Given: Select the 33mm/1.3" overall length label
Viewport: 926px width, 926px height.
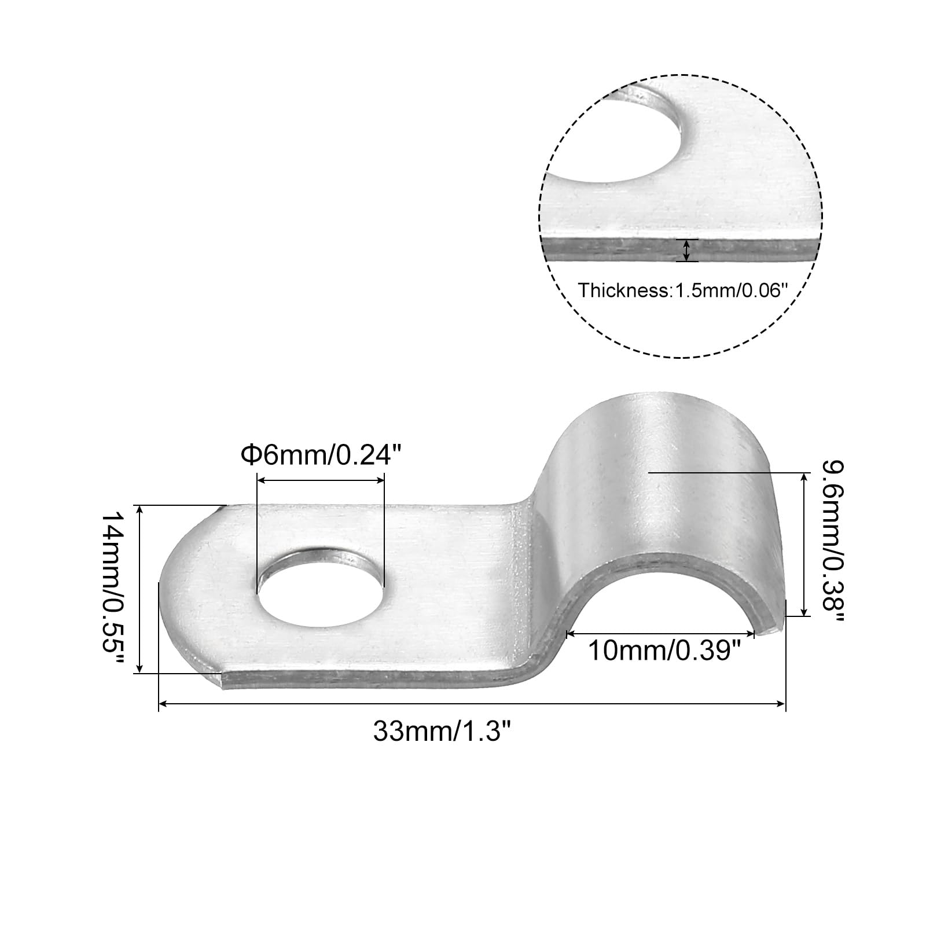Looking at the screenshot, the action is (443, 732).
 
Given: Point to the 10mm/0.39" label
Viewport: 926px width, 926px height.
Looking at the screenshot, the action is (665, 651).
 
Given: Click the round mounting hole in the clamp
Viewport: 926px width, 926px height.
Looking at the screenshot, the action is (321, 589).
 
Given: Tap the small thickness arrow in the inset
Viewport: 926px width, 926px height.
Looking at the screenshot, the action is (687, 250).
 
